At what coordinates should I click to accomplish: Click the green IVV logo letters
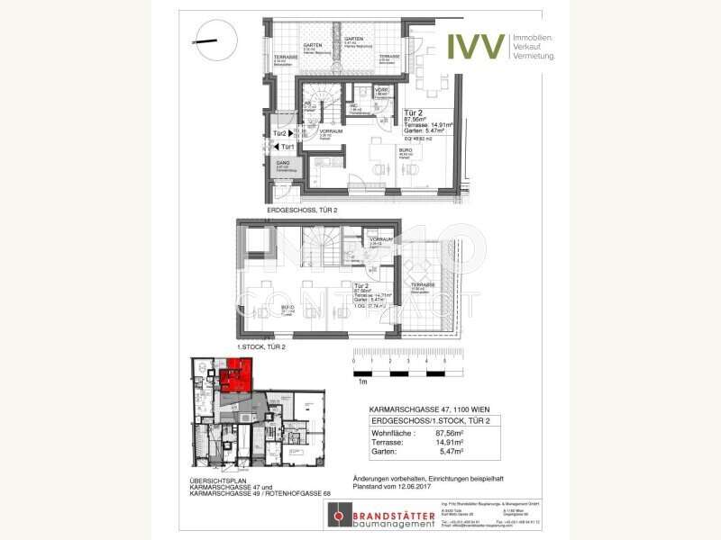click(x=475, y=44)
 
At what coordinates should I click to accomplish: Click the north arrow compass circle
click(x=215, y=40)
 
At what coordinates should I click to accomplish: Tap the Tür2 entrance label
click(x=280, y=134)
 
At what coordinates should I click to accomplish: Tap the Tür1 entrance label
click(x=287, y=147)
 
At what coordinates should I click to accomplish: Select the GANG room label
click(x=282, y=162)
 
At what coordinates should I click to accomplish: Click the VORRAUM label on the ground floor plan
click(x=331, y=131)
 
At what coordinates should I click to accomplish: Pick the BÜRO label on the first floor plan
click(x=262, y=307)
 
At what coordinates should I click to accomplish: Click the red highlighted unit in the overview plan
click(x=238, y=373)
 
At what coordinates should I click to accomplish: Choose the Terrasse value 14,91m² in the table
click(x=457, y=443)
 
